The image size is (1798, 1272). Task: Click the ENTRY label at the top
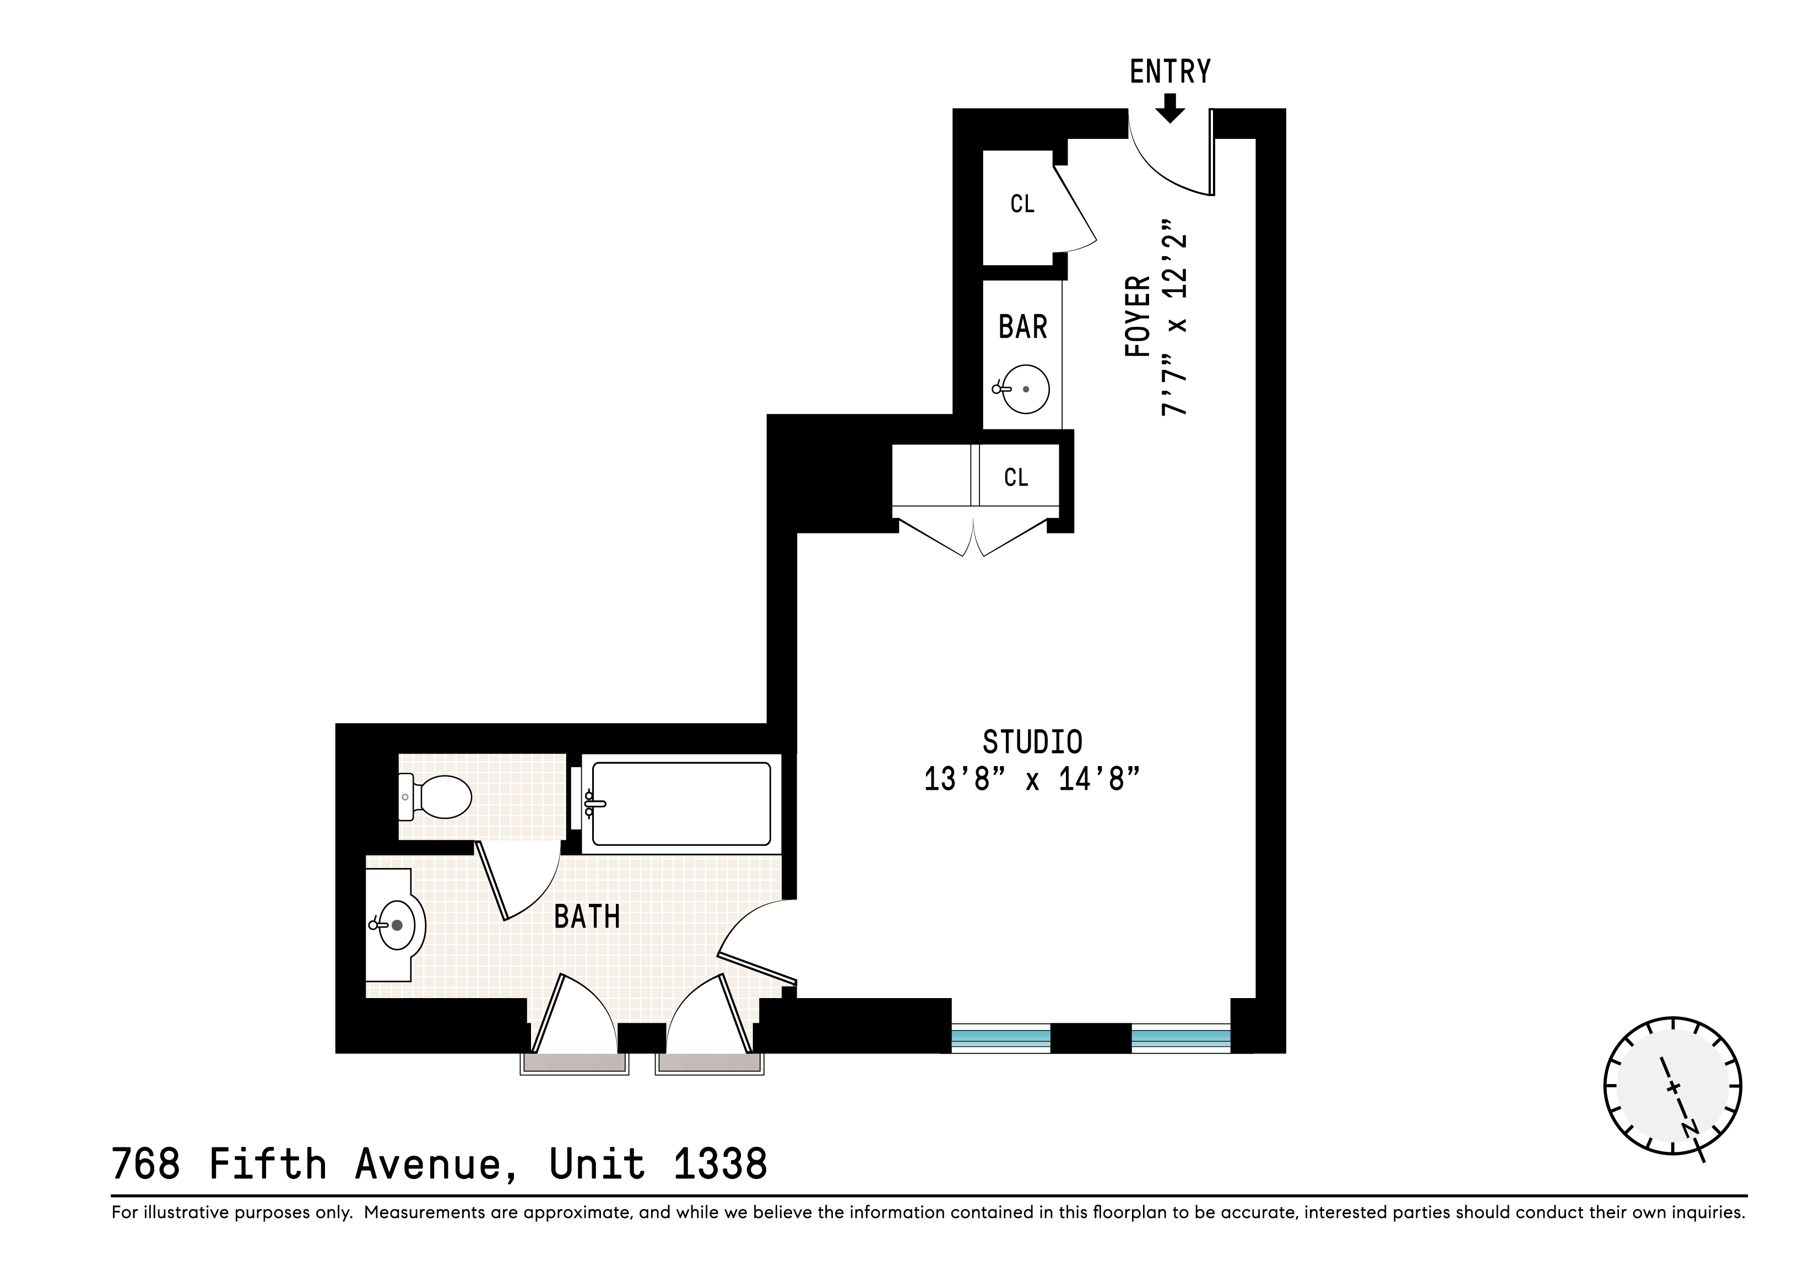tap(1170, 72)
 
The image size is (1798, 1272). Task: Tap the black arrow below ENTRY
tap(1170, 108)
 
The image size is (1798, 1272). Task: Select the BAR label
tap(1023, 327)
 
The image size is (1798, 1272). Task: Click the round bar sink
tap(1025, 389)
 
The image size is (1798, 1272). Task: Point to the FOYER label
tap(1138, 316)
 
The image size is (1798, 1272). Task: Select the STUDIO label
tap(1032, 742)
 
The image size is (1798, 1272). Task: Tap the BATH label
tap(587, 917)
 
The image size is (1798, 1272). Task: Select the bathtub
tap(681, 804)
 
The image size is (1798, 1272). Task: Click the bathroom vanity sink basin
tap(397, 925)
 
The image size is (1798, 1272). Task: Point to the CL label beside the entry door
tap(1022, 204)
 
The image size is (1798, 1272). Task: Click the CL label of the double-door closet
tap(1016, 478)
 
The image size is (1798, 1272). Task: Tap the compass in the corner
tap(1673, 1086)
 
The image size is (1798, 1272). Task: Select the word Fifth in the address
tap(267, 1164)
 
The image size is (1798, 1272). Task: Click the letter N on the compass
tap(1691, 1129)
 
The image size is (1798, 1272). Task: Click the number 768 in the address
tap(145, 1164)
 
